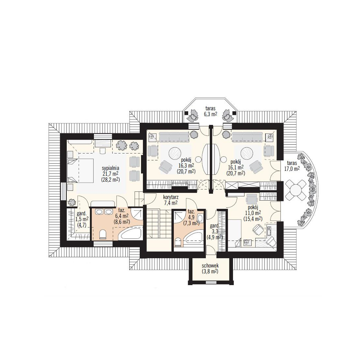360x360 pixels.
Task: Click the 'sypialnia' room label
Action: [111, 168]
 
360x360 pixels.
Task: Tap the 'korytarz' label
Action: [171, 197]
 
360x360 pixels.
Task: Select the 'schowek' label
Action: [210, 266]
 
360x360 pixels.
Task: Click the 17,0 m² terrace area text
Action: [292, 169]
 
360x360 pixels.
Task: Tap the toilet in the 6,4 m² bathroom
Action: [103, 235]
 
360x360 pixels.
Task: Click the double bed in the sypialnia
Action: [81, 171]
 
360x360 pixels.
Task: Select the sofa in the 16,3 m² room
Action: [173, 137]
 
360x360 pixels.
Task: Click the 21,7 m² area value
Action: [110, 174]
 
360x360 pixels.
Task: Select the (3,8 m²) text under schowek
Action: [210, 271]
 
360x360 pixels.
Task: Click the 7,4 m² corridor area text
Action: [171, 203]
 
